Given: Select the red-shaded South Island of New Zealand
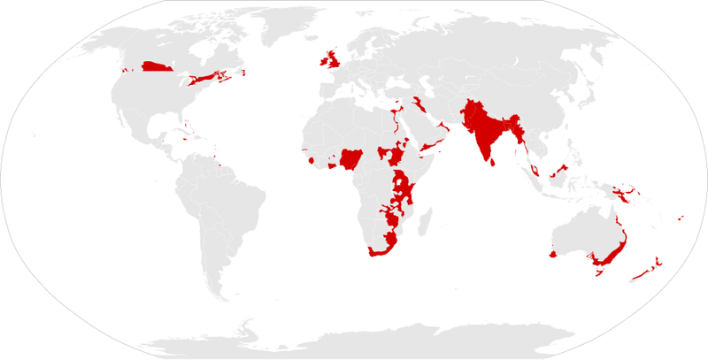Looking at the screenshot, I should [x=639, y=277].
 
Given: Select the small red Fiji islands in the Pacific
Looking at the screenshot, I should [x=679, y=218].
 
